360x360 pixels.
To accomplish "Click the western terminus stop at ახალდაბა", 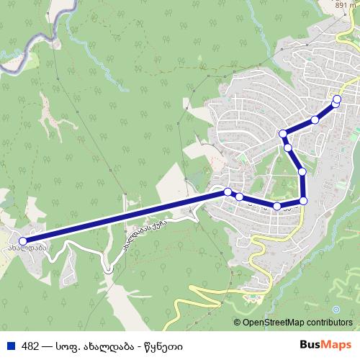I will (23, 241).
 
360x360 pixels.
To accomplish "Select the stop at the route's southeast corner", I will (303, 200).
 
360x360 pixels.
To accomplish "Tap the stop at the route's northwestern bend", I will (284, 134).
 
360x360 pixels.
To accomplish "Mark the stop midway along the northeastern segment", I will (315, 120).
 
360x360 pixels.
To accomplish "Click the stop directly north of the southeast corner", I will (302, 172).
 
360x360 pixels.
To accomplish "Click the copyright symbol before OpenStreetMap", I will (238, 323).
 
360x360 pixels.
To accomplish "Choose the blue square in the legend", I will (9, 345).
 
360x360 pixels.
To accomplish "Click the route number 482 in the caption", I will (30, 345).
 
